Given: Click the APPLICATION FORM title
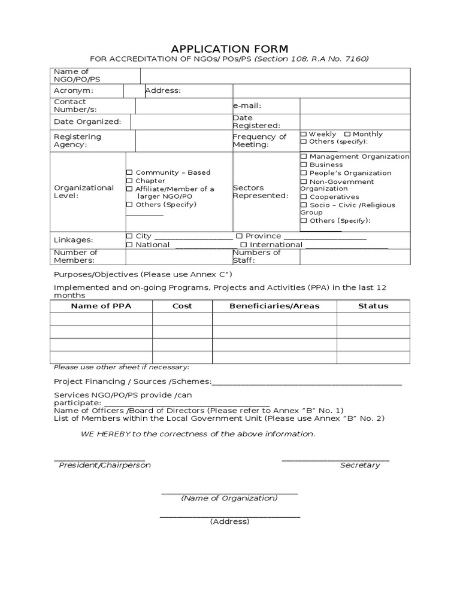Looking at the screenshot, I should (229, 48).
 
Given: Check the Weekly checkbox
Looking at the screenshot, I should (304, 134).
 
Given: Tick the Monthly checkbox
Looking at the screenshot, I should (347, 134).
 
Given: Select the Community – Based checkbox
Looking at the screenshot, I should (129, 172).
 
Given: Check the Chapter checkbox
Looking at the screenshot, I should (129, 181).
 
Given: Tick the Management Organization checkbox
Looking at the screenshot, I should (304, 156).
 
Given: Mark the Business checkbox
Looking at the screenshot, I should (304, 165).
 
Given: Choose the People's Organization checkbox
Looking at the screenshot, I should (304, 173).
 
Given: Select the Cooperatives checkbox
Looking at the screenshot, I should (304, 197).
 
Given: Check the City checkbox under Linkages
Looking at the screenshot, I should (129, 236).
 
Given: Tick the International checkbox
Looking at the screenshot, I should (243, 245).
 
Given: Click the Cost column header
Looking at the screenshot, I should (182, 306).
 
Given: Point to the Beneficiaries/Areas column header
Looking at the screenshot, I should (274, 306).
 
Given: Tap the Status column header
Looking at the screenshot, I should (373, 306).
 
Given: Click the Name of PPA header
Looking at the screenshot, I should (101, 306).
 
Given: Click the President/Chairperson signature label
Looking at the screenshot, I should (105, 465).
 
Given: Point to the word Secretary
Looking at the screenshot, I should (360, 465).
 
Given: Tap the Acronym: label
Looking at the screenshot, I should (74, 90).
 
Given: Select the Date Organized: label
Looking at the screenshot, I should (87, 122).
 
